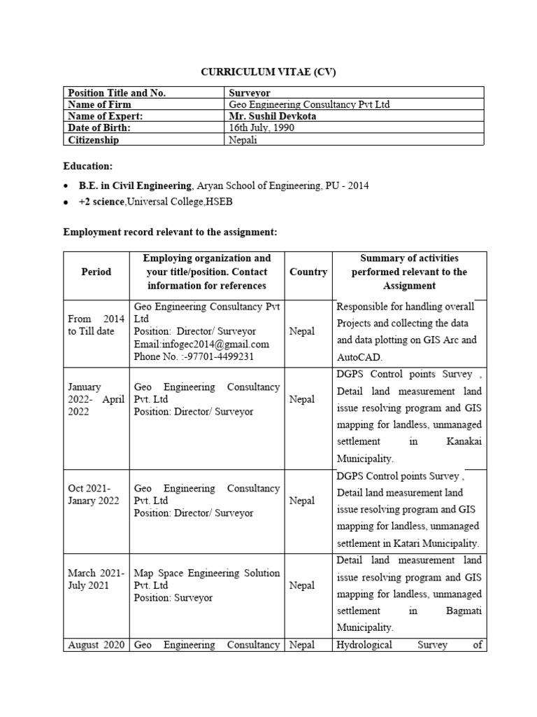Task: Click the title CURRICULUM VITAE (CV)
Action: [x=268, y=71]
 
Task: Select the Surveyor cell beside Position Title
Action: [x=250, y=92]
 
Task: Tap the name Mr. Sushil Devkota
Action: [x=272, y=116]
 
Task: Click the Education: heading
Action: [x=87, y=167]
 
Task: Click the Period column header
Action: [x=96, y=272]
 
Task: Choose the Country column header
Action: [x=308, y=272]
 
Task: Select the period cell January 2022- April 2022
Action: [x=96, y=399]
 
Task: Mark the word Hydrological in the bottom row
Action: [x=365, y=645]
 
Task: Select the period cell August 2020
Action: [x=96, y=645]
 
